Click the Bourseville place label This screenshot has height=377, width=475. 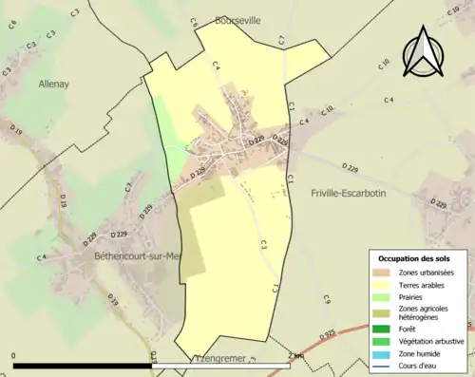[237, 19]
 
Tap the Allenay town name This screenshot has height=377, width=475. [55, 84]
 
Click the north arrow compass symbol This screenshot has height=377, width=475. [422, 52]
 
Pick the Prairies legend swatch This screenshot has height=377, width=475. [386, 295]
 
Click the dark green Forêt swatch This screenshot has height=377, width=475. [386, 329]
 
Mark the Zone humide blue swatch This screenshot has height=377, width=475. [386, 352]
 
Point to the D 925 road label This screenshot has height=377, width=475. [328, 334]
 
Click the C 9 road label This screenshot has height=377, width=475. [326, 299]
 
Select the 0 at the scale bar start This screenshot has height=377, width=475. [14, 356]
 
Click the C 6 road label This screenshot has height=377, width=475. [193, 22]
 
